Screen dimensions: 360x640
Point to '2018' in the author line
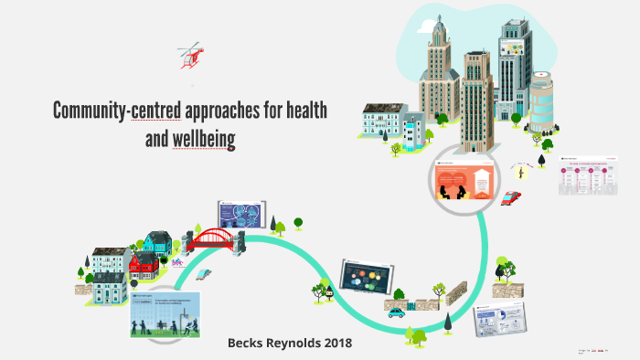click(334, 343)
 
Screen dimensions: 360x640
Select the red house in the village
click(144, 264)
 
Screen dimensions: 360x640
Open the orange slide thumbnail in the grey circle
click(464, 181)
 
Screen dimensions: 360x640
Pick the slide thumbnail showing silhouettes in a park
click(165, 314)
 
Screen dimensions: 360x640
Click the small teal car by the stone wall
click(396, 312)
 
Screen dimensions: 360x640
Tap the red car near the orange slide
click(512, 197)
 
